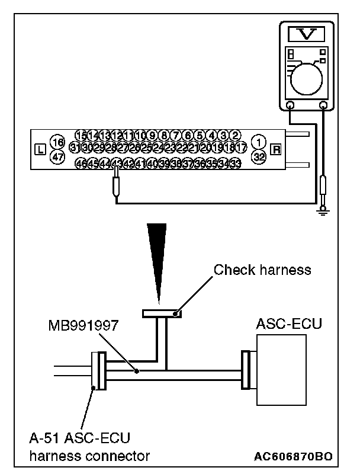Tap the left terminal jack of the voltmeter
point(291,105)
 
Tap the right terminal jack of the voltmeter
point(323,105)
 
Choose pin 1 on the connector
point(258,142)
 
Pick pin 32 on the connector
point(258,157)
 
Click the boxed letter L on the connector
point(40,149)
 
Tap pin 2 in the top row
point(235,136)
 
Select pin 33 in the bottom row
point(235,164)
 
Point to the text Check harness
point(262,271)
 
